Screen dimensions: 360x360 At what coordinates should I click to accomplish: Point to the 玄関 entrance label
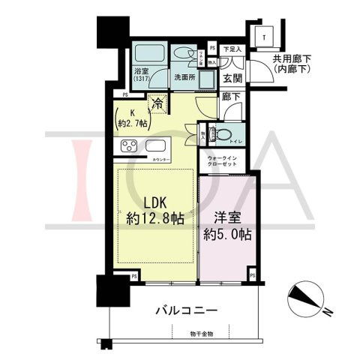(x=231, y=78)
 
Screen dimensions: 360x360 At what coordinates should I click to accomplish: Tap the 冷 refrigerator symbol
(x=157, y=104)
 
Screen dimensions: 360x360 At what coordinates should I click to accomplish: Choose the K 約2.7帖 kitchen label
(x=133, y=119)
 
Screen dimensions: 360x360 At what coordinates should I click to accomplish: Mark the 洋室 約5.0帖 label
(x=226, y=226)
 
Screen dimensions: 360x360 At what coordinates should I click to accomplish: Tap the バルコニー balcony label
(x=187, y=310)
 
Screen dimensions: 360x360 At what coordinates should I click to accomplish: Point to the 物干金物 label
(x=202, y=333)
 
